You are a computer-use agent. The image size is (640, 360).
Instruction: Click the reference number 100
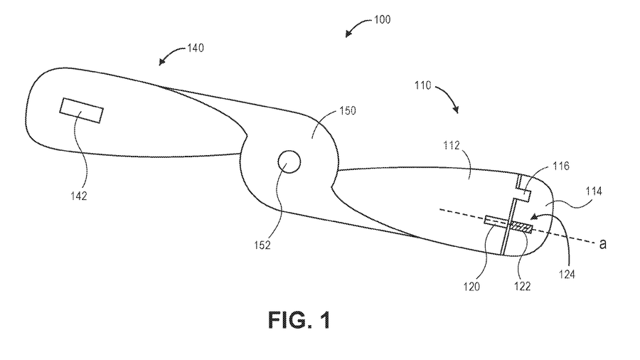coord(382,20)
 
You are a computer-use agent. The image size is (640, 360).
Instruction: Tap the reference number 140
coord(196,48)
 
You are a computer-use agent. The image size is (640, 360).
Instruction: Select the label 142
coord(79,196)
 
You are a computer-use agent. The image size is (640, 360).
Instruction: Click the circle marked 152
coord(289,162)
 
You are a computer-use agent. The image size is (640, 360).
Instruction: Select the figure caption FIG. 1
coord(299,320)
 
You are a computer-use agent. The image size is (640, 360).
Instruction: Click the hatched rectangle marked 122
coord(523,228)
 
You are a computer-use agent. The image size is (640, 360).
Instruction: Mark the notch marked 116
coord(526,190)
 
